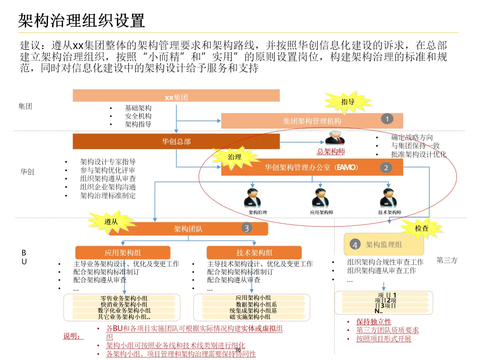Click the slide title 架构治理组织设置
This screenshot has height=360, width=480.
click(x=82, y=20)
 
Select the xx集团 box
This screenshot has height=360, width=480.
click(x=176, y=96)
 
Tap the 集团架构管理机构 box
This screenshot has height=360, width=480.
click(x=312, y=121)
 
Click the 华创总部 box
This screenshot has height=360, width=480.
click(x=176, y=141)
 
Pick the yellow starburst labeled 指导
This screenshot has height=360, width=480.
click(x=348, y=102)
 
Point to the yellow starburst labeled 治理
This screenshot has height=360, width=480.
click(x=235, y=157)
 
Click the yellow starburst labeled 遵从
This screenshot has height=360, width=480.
click(x=111, y=221)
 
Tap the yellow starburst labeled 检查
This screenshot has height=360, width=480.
click(x=422, y=228)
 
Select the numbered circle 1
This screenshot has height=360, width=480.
click(x=387, y=119)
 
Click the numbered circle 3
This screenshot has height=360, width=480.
click(x=247, y=228)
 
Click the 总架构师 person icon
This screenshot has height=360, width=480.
click(x=334, y=138)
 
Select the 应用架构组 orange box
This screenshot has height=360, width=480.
click(x=123, y=252)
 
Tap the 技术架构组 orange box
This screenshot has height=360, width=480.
click(x=254, y=252)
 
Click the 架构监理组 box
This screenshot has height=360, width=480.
click(x=384, y=244)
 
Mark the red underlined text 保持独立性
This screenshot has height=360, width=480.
click(x=373, y=322)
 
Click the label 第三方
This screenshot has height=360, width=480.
click(x=447, y=260)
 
